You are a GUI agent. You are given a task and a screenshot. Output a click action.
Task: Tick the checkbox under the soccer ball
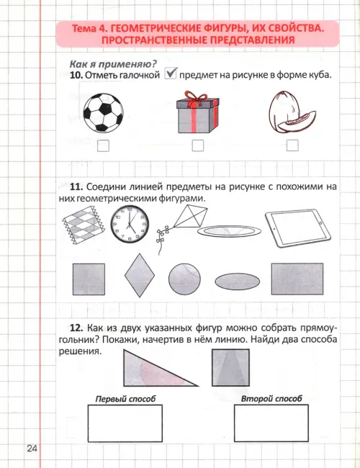click(x=103, y=145)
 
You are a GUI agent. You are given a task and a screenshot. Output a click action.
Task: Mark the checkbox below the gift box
click(x=198, y=145)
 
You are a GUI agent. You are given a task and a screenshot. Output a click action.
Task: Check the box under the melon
click(x=292, y=145)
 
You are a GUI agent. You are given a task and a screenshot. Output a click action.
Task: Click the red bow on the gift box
click(x=196, y=98)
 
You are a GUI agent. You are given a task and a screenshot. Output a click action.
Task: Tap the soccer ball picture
click(x=103, y=113)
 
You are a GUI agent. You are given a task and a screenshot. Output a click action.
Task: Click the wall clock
click(x=130, y=224)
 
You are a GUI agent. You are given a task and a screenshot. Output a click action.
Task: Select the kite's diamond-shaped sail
click(x=191, y=217)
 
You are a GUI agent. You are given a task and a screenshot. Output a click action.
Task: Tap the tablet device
click(x=298, y=228)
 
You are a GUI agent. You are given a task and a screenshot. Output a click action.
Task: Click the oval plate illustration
click(x=229, y=231)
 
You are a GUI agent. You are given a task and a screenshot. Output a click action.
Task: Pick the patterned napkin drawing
click(x=84, y=225)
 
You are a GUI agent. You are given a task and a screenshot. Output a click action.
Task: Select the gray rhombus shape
click(x=140, y=275)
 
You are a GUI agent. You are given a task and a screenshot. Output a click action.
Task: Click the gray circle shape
click(x=184, y=279)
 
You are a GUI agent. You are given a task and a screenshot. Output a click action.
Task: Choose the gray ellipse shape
click(x=238, y=282)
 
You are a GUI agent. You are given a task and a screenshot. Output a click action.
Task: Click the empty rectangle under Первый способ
click(x=125, y=423)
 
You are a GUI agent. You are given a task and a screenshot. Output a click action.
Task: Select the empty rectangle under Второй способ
click(x=271, y=423)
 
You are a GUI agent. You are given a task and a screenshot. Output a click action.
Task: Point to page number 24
click(x=32, y=449)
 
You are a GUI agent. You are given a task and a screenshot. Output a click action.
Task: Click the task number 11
click(x=76, y=187)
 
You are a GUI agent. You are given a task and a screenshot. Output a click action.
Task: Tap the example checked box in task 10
click(x=171, y=73)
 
